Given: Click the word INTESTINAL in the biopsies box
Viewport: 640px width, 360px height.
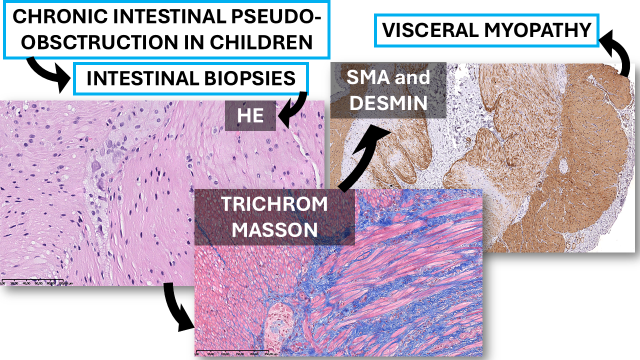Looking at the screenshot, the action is pos(142,79).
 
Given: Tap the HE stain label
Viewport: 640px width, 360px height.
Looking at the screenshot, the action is pos(250,115).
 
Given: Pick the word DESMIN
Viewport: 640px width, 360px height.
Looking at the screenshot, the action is pos(388,103).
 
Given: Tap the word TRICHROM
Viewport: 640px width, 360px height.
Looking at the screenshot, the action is pos(274,204).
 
